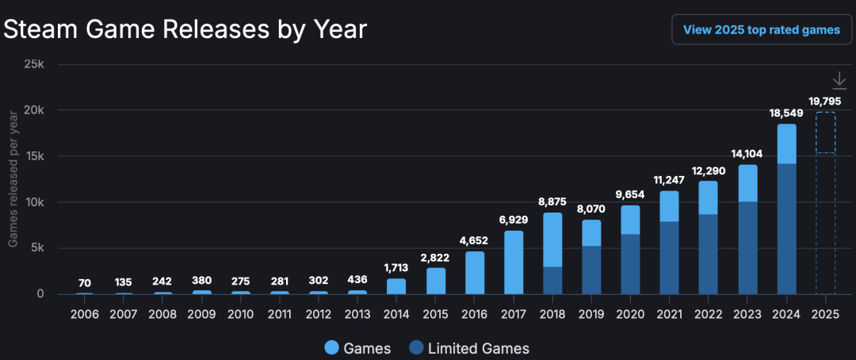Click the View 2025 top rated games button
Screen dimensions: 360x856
click(762, 30)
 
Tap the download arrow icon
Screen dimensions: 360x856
click(839, 81)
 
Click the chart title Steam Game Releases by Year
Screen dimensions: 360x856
click(185, 30)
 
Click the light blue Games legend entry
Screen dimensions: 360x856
click(357, 347)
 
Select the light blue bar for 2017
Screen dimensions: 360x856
click(514, 262)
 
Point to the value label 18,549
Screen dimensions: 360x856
click(786, 113)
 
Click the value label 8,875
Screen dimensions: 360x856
click(552, 202)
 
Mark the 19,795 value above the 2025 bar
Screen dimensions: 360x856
click(825, 101)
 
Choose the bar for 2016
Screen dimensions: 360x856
click(474, 273)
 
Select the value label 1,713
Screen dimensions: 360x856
click(396, 268)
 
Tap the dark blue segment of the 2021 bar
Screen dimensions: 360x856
click(669, 258)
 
